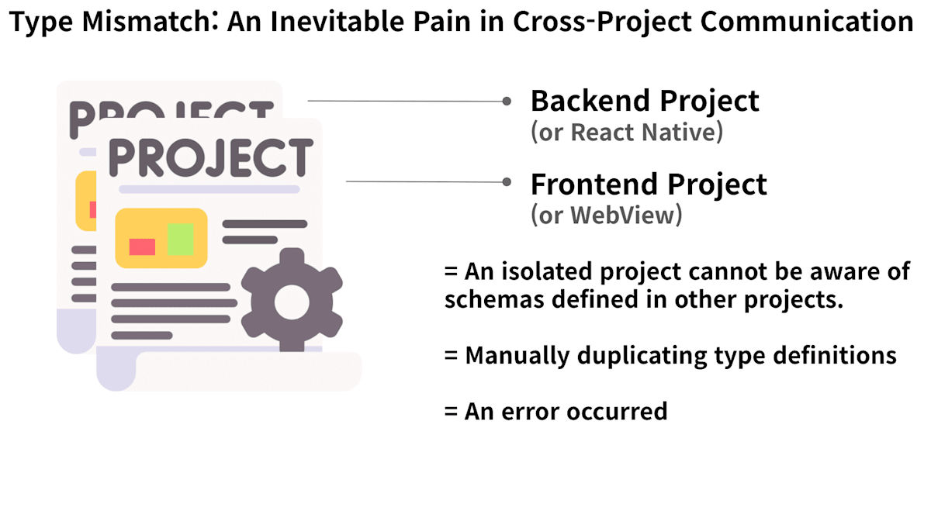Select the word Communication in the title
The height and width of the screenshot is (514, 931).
(x=807, y=21)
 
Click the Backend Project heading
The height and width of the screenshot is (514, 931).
(x=645, y=102)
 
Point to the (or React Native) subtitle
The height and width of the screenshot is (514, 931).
(x=627, y=133)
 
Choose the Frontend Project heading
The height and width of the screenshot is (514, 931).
(x=649, y=185)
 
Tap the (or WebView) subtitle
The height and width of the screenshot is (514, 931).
(x=607, y=215)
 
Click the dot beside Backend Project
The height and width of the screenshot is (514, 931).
(x=507, y=101)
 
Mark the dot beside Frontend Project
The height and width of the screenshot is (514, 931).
(x=507, y=182)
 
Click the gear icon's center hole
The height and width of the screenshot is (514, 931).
(x=292, y=302)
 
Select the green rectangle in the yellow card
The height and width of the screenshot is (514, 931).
(x=180, y=239)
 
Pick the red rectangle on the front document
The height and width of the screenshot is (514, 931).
(x=142, y=247)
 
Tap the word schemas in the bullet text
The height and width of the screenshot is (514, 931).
(x=494, y=299)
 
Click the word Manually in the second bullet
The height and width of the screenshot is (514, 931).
(x=517, y=356)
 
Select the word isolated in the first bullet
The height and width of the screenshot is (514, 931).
(x=548, y=271)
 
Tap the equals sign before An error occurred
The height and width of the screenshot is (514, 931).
(x=451, y=412)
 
